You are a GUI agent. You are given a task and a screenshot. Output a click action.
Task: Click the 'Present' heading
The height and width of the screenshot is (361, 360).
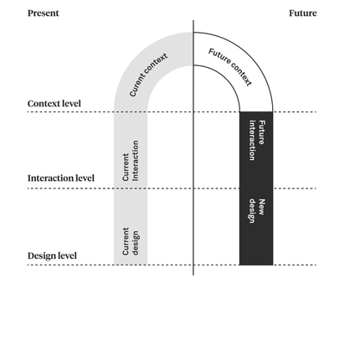pos(44,13)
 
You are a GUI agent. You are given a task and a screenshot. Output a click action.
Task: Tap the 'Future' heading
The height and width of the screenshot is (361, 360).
pos(303,13)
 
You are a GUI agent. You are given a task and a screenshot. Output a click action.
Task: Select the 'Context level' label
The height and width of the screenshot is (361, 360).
pos(54,104)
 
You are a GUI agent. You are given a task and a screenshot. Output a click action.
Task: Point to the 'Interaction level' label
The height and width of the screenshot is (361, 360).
pos(61,178)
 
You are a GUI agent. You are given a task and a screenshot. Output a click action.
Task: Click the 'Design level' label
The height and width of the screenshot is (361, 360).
pos(52,255)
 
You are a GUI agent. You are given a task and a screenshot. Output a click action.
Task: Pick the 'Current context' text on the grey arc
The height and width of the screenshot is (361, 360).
pos(148,75)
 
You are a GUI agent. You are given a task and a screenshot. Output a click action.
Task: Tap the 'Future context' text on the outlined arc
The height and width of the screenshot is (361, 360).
pos(230,67)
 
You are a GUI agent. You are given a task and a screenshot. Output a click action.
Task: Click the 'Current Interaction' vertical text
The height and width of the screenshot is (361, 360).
pos(131,161)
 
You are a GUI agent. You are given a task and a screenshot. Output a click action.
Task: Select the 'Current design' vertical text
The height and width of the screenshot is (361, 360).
pos(131,241)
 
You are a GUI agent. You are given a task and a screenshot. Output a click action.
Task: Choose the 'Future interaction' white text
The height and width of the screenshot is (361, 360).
pos(257,141)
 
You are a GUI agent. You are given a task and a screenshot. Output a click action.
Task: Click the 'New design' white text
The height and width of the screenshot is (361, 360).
pos(257,211)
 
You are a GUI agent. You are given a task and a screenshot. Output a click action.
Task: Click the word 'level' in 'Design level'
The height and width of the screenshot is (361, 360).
pos(68,255)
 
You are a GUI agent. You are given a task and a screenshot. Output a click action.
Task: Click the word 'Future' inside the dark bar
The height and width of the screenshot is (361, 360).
pos(262,132)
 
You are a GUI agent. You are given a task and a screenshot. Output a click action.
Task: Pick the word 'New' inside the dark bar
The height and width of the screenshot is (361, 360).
pos(262,207)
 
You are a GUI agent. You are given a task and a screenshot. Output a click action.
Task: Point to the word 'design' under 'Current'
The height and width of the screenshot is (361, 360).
pos(135,243)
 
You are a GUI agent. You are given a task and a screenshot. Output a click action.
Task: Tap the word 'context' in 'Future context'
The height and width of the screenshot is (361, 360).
pos(241,74)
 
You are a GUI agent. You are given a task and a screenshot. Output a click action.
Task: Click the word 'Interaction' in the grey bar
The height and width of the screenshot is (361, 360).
pos(135,161)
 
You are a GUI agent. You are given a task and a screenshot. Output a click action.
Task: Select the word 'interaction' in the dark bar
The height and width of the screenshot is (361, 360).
pos(252,141)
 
